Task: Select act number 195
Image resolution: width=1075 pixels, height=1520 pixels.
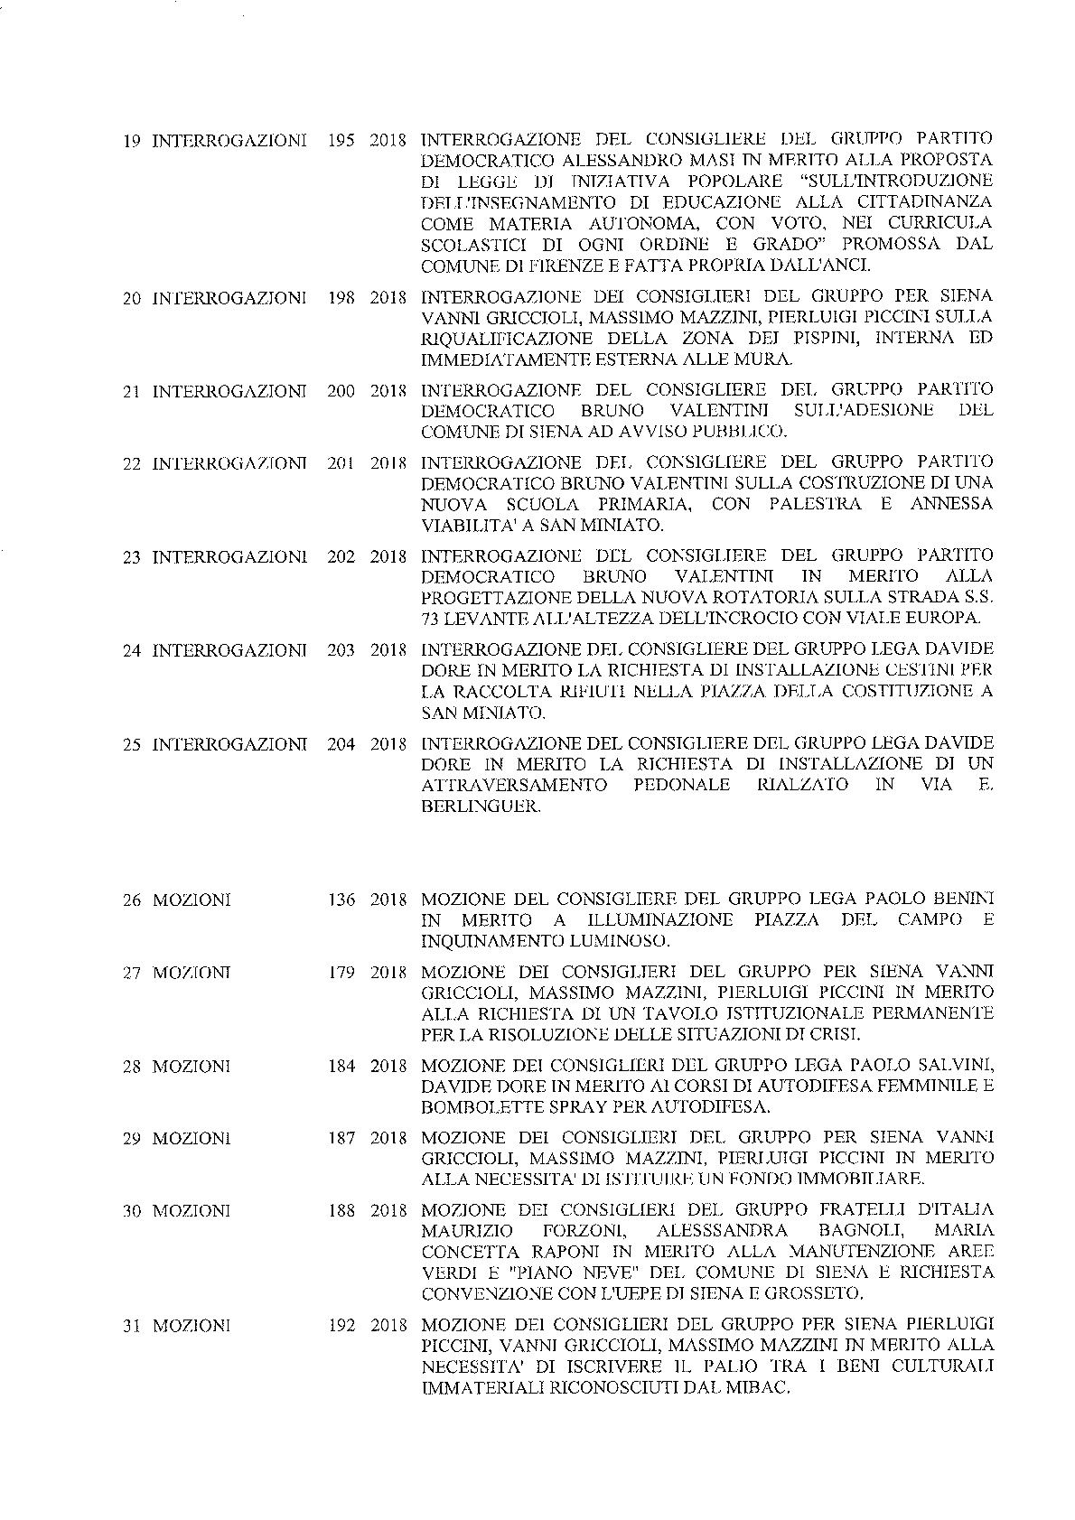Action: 341,141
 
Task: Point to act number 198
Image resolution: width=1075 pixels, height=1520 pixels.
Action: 341,297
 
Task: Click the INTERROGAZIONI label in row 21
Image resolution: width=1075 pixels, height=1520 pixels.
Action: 229,391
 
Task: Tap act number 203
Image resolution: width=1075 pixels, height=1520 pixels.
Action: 341,650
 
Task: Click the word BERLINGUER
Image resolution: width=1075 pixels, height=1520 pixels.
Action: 481,807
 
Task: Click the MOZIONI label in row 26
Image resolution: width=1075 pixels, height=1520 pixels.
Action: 192,900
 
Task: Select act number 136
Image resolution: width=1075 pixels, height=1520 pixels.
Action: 341,900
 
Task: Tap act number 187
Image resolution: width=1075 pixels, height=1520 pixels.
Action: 341,1138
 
